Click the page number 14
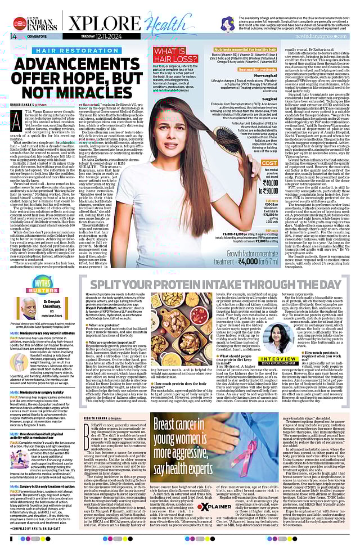tap(13, 37)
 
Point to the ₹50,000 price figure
tap(255, 191)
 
